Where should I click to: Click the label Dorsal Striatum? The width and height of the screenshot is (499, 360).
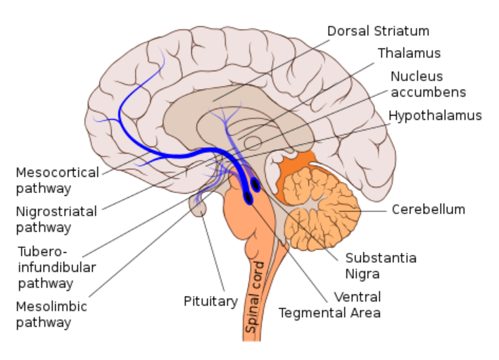coord(378,31)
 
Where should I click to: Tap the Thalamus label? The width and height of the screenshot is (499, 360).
coord(409,54)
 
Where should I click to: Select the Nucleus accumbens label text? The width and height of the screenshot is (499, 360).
coord(428,83)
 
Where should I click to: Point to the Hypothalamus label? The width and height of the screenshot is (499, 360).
coord(435,116)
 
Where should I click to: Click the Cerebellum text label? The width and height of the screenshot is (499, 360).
coord(429,209)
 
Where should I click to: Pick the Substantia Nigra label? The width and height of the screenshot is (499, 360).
coord(380,266)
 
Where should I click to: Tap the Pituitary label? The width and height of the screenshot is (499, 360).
coord(211,302)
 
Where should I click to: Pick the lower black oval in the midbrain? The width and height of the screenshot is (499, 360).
coord(248,199)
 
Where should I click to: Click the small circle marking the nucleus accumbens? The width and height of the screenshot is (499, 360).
coord(253,144)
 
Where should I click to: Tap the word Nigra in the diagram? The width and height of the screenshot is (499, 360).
coord(362,273)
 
